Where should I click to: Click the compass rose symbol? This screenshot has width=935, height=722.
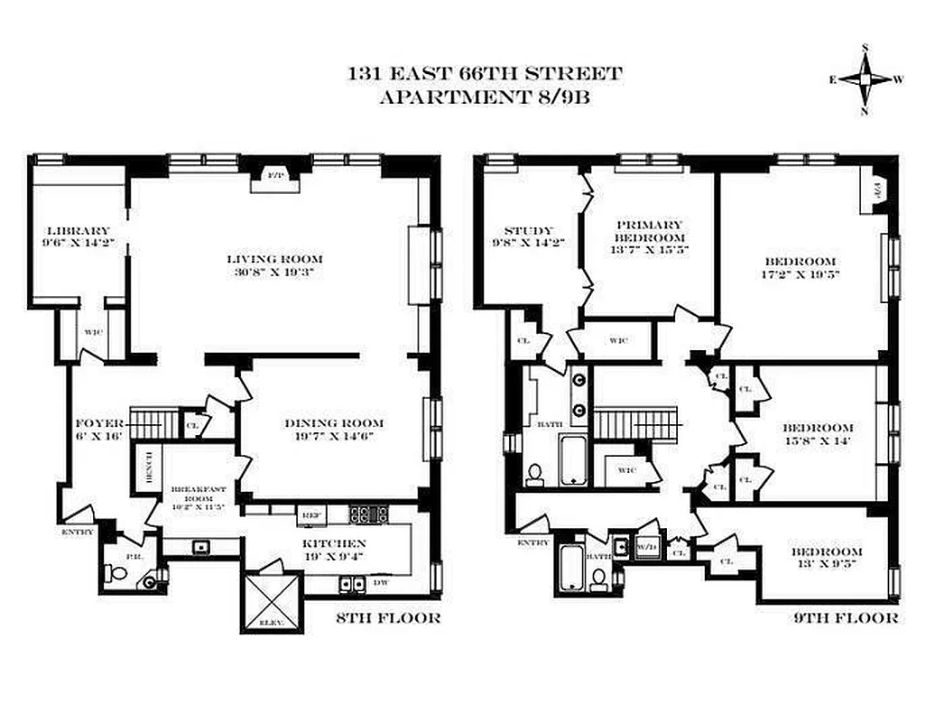pos(865,79)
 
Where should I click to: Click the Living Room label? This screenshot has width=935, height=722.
pos(271,258)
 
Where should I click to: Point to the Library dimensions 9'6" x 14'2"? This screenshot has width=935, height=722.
pos(79,243)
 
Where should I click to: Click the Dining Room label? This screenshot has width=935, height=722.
pos(334,422)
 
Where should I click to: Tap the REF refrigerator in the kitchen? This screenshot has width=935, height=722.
pos(311,514)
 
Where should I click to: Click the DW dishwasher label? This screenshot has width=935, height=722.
pos(382,583)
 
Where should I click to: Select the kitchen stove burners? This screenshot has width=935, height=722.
pos(369,514)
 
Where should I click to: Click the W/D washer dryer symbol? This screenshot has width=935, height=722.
pos(646,546)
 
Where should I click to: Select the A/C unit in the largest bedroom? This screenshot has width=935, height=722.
pos(876,191)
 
